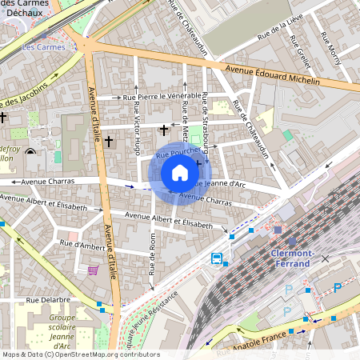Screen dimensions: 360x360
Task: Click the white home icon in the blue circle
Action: [180, 173]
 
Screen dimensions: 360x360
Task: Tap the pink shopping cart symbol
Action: [94, 270]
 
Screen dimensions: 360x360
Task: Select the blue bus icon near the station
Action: [217, 258]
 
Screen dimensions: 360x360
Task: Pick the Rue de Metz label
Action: [186, 118]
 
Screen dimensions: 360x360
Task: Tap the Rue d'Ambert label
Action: [82, 244]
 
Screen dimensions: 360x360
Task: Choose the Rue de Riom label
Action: [152, 254]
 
